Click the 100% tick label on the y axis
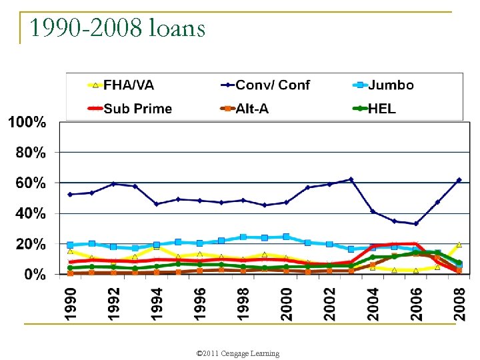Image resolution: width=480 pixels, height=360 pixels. [x=27, y=123]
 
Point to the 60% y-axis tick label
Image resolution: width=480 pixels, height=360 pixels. [x=31, y=183]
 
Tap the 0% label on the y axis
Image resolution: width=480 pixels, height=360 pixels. [x=35, y=274]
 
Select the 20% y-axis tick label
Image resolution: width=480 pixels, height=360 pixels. [x=31, y=244]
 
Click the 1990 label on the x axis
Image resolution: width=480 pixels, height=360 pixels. [x=71, y=303]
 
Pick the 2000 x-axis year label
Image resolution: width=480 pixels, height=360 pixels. [x=287, y=303]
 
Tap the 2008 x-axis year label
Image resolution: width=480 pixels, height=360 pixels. [x=459, y=303]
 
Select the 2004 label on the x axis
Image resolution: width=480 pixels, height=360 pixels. [x=373, y=303]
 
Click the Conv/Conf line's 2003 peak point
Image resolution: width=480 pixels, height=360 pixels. [x=351, y=179]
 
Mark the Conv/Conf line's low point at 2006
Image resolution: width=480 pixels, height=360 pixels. [x=416, y=223]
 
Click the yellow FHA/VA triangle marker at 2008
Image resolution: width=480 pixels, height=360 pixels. [x=459, y=244]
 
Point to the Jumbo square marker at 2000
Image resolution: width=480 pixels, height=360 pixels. [x=287, y=237]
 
